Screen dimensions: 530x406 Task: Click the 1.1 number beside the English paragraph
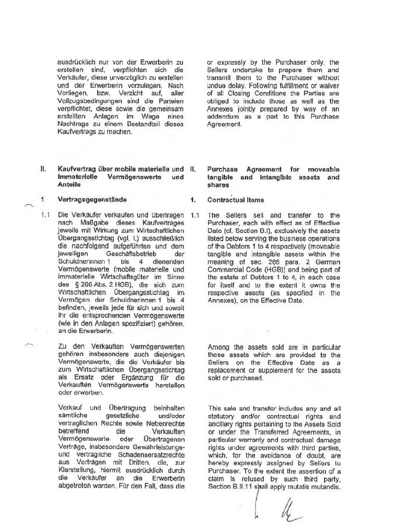click(x=195, y=215)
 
